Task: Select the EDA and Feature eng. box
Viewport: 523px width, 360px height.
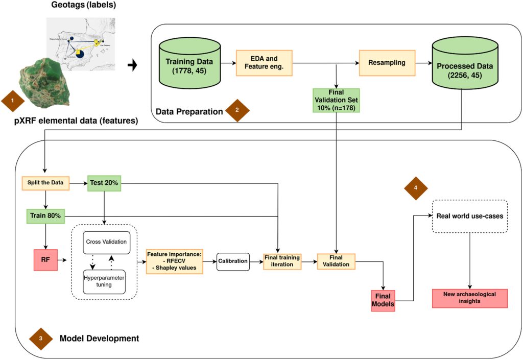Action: pos(265,63)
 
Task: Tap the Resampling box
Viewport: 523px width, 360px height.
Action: pos(386,63)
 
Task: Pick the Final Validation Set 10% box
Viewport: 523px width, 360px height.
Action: pos(336,100)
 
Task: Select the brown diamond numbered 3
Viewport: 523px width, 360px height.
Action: pos(42,338)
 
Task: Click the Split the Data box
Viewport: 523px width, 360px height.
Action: pos(45,183)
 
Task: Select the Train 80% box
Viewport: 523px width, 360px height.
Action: pos(45,215)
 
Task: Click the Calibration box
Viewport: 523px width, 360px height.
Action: pos(233,261)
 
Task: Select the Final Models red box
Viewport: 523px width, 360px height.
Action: pos(383,300)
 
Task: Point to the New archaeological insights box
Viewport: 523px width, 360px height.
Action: pos(470,298)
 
